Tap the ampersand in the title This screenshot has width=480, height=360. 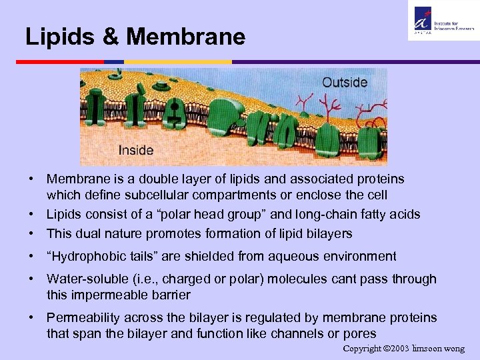[x=109, y=37]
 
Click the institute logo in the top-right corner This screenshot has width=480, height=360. [x=441, y=21]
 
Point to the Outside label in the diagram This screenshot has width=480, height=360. [x=345, y=83]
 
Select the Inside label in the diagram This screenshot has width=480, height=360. [x=136, y=151]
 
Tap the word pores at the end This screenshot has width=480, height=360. [x=361, y=334]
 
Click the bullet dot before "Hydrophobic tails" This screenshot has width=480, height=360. [x=31, y=257]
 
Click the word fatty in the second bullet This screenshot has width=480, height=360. [x=357, y=215]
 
